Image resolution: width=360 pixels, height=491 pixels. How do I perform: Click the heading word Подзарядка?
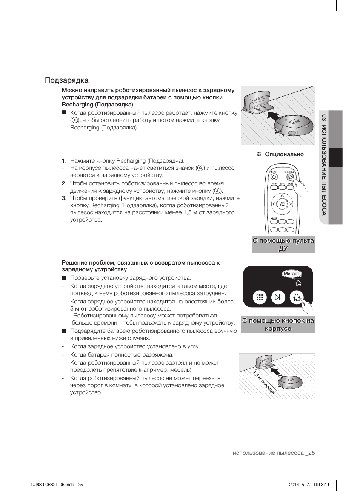(x=67, y=80)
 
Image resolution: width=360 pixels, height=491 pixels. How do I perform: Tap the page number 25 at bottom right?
(x=311, y=453)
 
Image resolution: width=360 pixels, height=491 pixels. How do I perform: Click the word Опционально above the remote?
(x=284, y=154)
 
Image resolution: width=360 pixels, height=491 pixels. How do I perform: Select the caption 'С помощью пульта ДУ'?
(x=283, y=244)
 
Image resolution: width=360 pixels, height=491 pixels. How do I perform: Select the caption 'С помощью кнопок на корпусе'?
(x=278, y=325)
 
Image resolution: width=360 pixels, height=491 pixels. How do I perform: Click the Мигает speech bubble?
(x=291, y=274)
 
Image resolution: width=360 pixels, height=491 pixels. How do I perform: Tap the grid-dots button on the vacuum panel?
(x=260, y=297)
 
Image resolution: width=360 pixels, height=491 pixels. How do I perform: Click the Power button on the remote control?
(x=274, y=177)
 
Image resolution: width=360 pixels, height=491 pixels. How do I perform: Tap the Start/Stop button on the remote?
(x=282, y=204)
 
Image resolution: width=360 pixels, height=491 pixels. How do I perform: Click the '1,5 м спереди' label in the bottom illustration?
(x=264, y=382)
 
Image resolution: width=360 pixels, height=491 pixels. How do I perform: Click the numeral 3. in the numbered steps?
(x=64, y=198)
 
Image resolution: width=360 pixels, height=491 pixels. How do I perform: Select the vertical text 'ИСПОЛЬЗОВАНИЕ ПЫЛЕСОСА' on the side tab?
(x=324, y=170)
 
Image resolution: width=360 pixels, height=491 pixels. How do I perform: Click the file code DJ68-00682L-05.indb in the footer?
(x=53, y=485)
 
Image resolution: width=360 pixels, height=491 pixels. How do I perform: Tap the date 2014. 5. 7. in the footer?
(x=299, y=485)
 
